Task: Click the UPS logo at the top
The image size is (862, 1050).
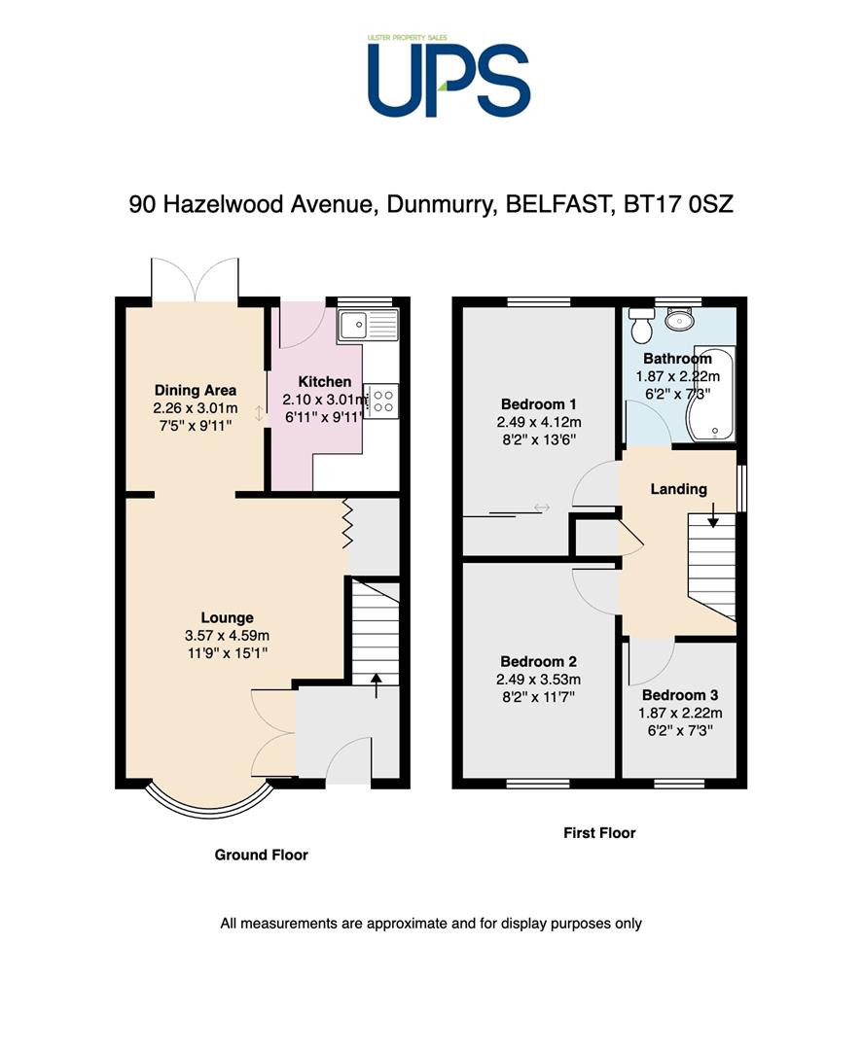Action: click(x=449, y=75)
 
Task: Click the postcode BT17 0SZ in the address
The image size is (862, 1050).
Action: click(x=678, y=203)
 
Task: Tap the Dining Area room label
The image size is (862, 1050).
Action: click(x=195, y=390)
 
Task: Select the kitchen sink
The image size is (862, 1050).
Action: click(x=368, y=326)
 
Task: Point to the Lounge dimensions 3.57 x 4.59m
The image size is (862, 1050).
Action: click(x=228, y=636)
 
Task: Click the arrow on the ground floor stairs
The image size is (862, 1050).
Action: click(x=377, y=685)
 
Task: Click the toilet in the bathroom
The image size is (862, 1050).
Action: click(x=642, y=325)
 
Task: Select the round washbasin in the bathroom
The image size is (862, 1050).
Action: click(x=680, y=320)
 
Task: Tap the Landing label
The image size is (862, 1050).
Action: click(x=678, y=489)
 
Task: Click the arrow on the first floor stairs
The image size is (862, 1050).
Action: click(x=712, y=514)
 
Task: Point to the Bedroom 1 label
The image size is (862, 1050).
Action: click(x=538, y=403)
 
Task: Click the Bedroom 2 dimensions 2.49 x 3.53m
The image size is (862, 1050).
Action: click(x=538, y=679)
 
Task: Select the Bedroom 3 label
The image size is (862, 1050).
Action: click(x=680, y=695)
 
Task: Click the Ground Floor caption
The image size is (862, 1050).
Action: click(x=261, y=855)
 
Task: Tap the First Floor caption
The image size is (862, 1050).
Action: click(x=599, y=833)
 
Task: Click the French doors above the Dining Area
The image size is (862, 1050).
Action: click(x=195, y=280)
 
